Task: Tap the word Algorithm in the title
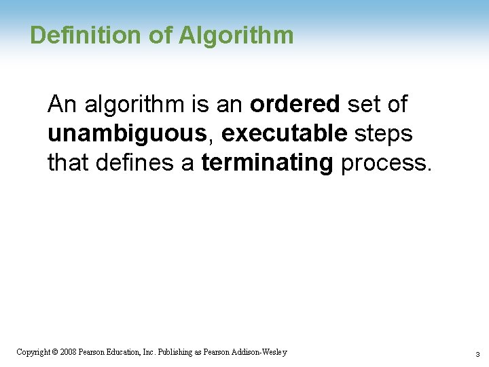pos(236,36)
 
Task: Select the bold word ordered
pos(295,104)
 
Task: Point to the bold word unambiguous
pos(127,134)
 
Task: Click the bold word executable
pos(284,134)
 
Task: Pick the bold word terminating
pos(267,164)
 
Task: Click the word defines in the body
pos(128,164)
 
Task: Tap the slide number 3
pos(477,354)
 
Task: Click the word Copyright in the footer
pos(33,352)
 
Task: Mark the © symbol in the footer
pos(55,352)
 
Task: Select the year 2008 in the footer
pos(68,352)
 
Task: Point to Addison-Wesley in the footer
pos(260,352)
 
